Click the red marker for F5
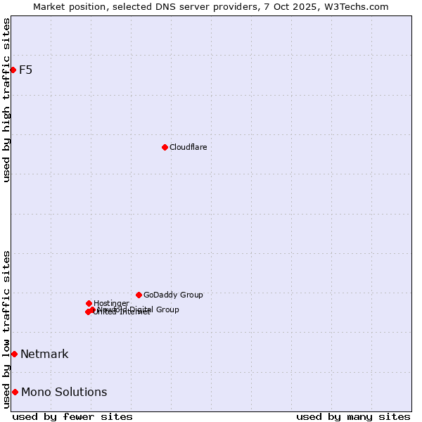(13, 70)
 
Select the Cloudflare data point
(165, 147)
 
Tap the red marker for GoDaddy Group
(139, 295)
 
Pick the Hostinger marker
(89, 303)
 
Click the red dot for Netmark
(14, 354)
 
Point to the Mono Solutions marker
(15, 392)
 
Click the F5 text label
(26, 70)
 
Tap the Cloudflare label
(188, 147)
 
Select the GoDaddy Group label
(173, 295)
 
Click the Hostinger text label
(111, 303)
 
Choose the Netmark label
(44, 354)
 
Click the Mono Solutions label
(64, 392)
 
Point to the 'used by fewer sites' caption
(72, 416)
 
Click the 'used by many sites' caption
(353, 416)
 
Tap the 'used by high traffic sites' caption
(7, 100)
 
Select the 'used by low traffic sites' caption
(7, 329)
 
